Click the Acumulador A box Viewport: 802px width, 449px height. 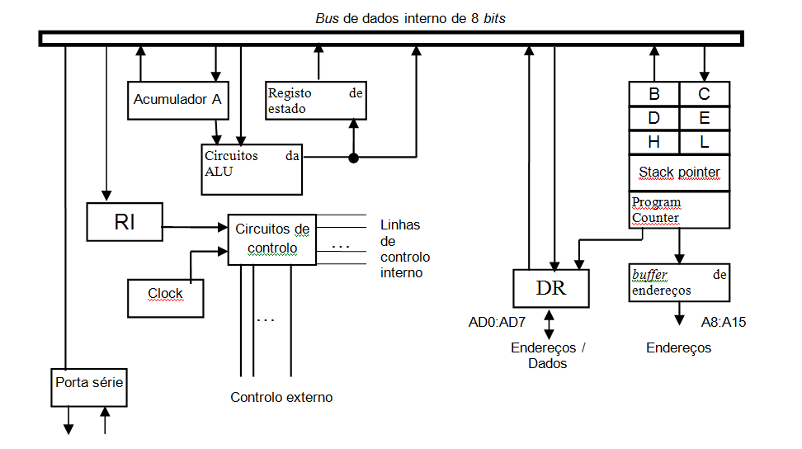click(177, 100)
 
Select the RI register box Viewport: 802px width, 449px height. click(125, 220)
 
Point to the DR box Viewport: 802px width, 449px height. click(551, 288)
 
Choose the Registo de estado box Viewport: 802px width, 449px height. click(316, 101)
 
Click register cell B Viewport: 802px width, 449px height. click(653, 93)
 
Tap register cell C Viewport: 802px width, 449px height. click(705, 93)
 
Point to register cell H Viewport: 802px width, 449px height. click(653, 142)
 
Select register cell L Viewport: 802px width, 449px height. click(705, 142)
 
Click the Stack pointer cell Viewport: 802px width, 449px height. click(679, 173)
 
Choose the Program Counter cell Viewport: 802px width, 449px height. click(679, 210)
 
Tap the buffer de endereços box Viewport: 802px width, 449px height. click(679, 282)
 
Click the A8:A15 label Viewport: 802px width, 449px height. click(724, 322)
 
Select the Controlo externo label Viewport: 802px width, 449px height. click(281, 398)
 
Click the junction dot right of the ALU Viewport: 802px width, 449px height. click(353, 158)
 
